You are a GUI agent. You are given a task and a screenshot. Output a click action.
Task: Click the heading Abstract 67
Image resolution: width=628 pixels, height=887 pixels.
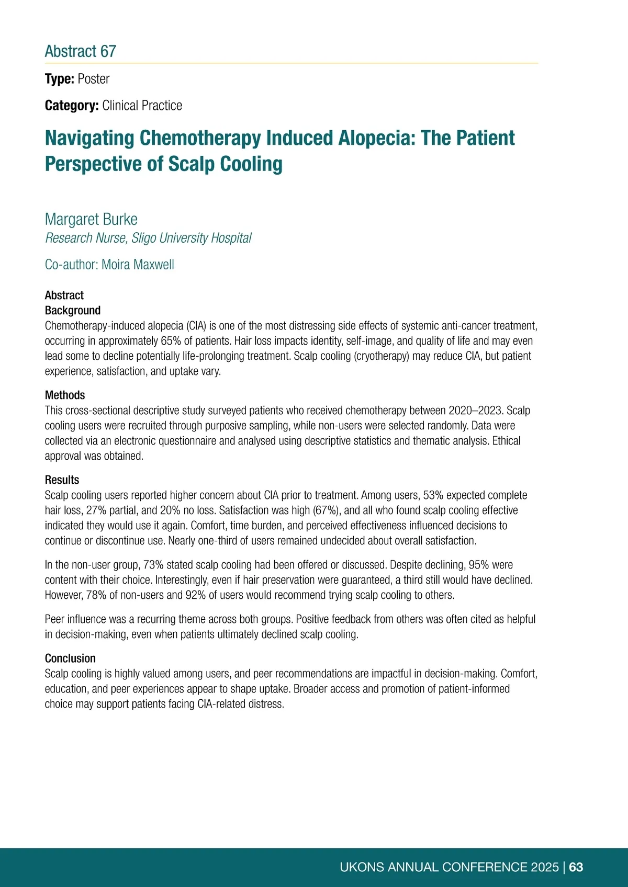point(80,51)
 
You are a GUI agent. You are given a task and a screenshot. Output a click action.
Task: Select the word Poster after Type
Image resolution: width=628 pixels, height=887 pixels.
point(94,79)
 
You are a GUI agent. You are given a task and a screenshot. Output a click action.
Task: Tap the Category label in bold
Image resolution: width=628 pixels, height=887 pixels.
point(72,106)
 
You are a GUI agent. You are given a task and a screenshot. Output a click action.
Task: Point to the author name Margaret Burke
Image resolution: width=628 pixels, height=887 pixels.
point(91,219)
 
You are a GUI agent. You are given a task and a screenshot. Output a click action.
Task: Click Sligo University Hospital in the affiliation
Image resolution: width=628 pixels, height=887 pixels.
point(192,238)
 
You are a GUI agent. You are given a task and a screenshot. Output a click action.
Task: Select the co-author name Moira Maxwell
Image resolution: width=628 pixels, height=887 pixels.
point(138,265)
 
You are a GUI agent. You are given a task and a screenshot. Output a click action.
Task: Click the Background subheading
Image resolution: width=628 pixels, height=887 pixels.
point(73,311)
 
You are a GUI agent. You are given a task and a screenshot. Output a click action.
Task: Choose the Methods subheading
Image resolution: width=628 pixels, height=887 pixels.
point(65,395)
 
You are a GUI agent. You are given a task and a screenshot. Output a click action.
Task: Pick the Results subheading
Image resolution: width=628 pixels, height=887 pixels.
point(62,480)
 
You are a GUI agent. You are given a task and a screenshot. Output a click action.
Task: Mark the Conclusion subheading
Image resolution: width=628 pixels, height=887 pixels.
point(70,658)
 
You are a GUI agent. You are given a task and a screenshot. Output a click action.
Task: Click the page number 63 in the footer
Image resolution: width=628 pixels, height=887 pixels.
point(576,867)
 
